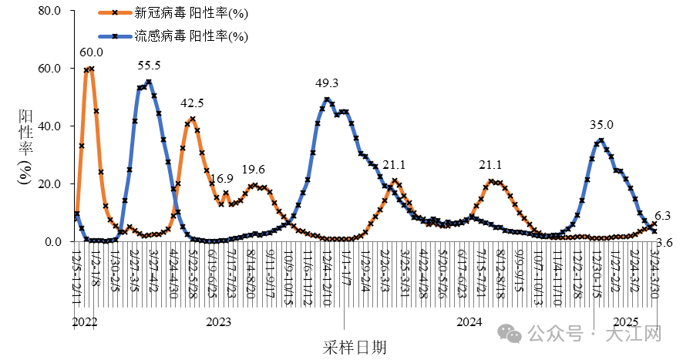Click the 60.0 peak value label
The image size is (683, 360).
[92, 52]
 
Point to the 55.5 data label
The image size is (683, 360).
[148, 66]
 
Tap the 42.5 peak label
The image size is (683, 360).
[192, 103]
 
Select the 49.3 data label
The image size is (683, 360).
[328, 83]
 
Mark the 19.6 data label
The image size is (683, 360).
[254, 170]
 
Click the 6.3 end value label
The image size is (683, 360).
[662, 216]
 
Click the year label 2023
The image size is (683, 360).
[219, 322]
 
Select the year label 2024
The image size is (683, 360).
[469, 322]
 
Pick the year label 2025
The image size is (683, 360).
[625, 322]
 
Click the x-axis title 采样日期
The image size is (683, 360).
[355, 347]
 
